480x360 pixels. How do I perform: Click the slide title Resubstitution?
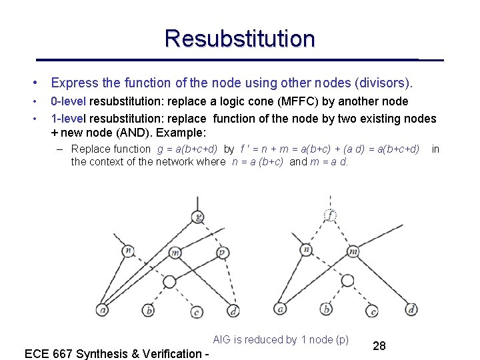(240, 38)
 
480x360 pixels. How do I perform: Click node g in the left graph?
(198, 216)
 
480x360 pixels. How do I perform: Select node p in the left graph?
(221, 253)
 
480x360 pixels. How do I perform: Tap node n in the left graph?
(128, 251)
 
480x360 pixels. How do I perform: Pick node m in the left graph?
(175, 252)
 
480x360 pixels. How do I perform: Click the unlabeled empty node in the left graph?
(169, 281)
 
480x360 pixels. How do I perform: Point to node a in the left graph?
(102, 309)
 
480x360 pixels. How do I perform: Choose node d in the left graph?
(233, 310)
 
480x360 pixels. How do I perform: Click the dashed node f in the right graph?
(331, 215)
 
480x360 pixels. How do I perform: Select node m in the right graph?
(353, 251)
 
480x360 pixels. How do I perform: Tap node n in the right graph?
(306, 250)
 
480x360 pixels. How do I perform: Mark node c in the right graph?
(374, 310)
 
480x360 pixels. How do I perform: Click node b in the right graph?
(326, 309)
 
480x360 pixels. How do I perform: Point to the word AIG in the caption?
(223, 339)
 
